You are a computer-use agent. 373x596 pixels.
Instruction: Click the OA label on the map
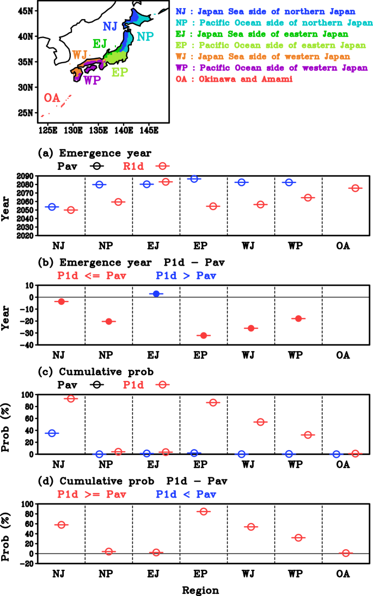(52, 98)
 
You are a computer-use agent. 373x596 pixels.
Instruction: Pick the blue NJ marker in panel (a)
(52, 207)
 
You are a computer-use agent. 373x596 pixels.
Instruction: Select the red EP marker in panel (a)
(213, 206)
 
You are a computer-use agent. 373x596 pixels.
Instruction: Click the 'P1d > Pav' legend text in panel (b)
(186, 276)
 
